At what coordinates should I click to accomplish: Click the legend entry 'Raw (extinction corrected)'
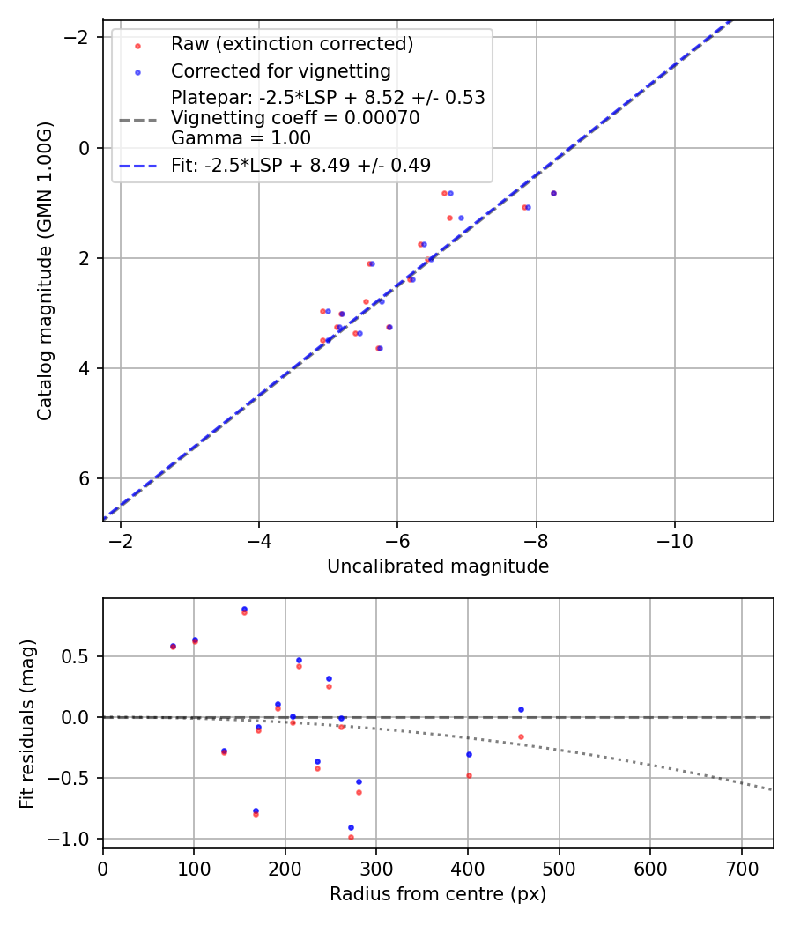(292, 44)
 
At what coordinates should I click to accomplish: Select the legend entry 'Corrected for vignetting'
(280, 70)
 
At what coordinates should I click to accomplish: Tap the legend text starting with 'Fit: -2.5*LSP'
(300, 165)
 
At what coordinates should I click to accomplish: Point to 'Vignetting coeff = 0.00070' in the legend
(295, 118)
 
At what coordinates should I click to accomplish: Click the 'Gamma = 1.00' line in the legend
(241, 137)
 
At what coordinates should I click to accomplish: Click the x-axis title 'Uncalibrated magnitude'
(438, 566)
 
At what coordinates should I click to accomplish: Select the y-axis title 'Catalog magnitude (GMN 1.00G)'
(45, 270)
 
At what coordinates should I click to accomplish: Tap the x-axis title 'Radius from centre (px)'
(438, 894)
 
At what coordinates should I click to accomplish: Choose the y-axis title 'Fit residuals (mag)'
(27, 722)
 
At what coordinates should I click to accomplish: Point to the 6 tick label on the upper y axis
(85, 478)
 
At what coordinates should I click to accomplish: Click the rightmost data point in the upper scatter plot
(553, 193)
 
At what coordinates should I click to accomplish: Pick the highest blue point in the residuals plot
(244, 609)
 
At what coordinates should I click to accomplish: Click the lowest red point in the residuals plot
(351, 837)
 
